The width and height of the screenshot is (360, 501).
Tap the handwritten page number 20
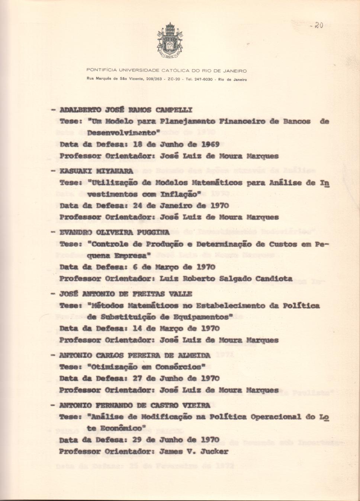(x=317, y=25)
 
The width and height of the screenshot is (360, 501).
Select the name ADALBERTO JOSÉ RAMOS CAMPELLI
(x=126, y=110)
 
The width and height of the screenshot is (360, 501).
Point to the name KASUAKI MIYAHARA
(x=96, y=171)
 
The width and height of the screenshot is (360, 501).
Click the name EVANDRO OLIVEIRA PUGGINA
(x=115, y=233)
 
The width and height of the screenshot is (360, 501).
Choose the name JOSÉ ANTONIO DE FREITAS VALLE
(x=126, y=294)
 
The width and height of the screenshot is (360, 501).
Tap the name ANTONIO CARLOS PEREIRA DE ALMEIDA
(x=135, y=355)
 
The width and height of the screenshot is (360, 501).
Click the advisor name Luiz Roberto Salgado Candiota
(x=226, y=278)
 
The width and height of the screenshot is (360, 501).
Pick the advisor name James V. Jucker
(x=194, y=451)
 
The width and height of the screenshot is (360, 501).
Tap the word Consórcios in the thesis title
(x=179, y=367)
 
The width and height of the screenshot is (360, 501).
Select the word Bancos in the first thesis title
(x=297, y=121)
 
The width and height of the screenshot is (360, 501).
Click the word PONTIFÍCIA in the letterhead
(x=101, y=70)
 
